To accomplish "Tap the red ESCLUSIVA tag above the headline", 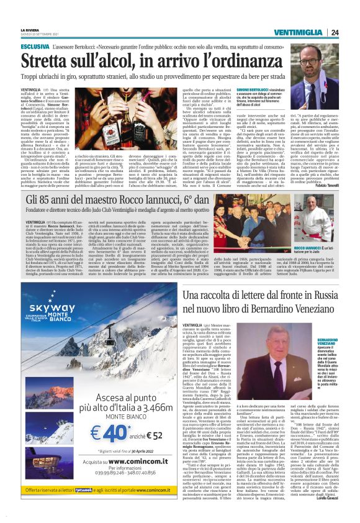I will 35,47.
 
